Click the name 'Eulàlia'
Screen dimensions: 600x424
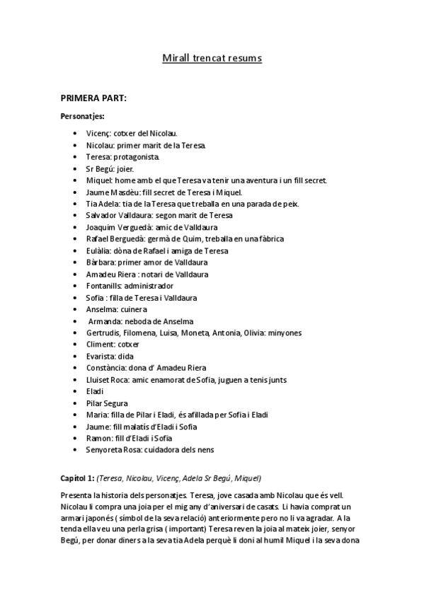[98, 251]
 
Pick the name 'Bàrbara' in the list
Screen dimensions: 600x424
[100, 263]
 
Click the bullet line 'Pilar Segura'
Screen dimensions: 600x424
[106, 403]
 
